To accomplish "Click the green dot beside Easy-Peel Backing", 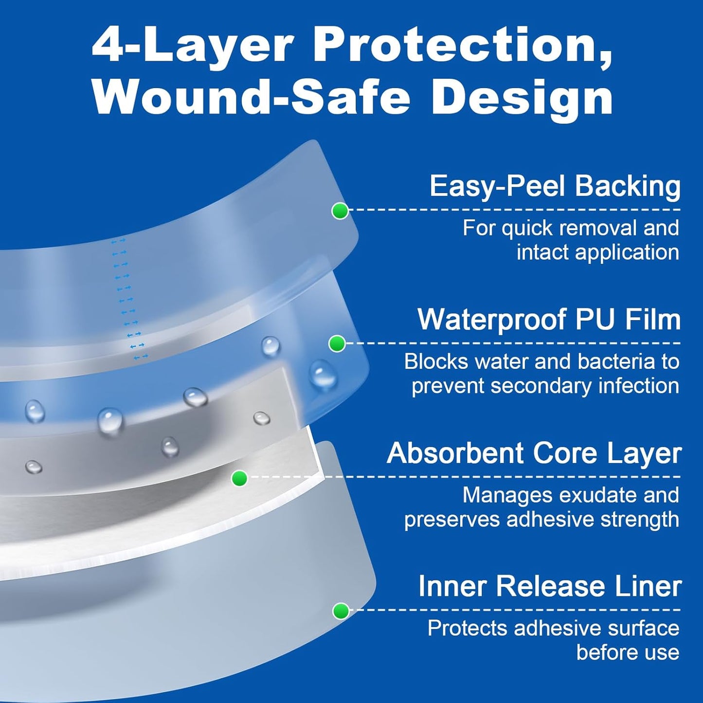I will [340, 211].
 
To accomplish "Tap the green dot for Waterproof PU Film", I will [337, 344].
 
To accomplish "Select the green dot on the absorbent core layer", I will [239, 478].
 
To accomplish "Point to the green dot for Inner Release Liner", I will [341, 611].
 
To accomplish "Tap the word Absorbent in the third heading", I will [456, 453].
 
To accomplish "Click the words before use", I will [628, 652].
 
